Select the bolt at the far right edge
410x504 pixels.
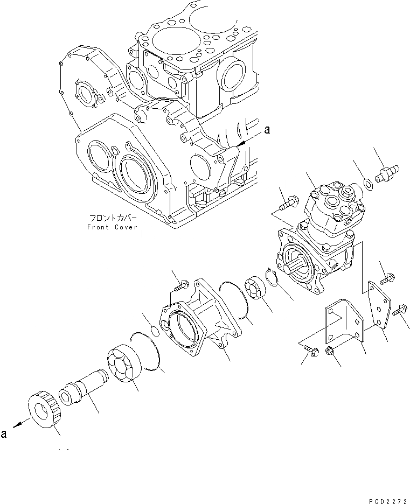[x=401, y=310]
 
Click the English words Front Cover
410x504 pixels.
[x=112, y=227]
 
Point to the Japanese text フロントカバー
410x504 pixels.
[x=112, y=219]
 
